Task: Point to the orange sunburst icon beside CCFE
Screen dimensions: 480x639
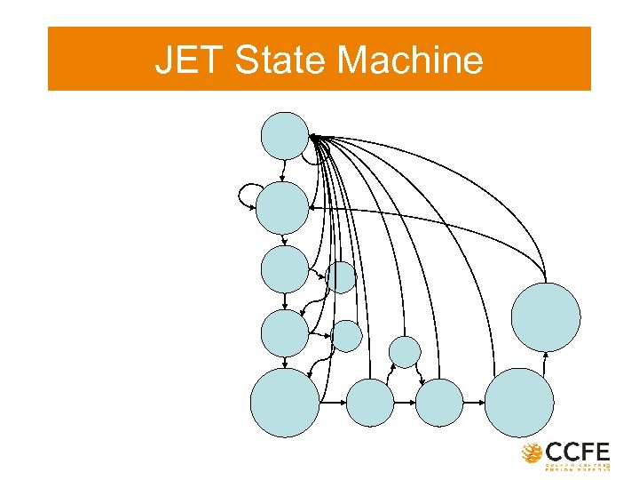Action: click(x=532, y=453)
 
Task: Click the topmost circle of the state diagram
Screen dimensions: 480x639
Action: click(x=284, y=135)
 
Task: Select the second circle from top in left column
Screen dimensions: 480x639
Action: click(x=282, y=207)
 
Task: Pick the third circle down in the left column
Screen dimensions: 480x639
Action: click(x=285, y=269)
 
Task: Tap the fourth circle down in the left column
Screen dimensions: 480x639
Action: click(x=285, y=333)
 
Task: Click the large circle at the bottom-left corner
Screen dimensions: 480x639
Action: click(x=285, y=403)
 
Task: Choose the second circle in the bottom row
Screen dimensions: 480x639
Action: click(x=369, y=403)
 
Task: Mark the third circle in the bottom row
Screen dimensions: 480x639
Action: click(x=439, y=403)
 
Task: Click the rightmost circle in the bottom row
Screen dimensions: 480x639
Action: click(x=518, y=403)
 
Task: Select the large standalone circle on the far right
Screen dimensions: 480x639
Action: click(x=547, y=316)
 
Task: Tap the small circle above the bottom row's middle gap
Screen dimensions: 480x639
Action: click(x=405, y=352)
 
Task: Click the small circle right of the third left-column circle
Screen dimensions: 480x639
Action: click(x=341, y=277)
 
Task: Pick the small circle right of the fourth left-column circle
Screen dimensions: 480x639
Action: click(x=346, y=336)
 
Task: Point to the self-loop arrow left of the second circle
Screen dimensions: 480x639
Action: click(x=246, y=195)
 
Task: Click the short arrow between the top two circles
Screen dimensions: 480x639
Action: click(x=283, y=170)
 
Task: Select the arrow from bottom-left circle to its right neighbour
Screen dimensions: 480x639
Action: click(x=332, y=404)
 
